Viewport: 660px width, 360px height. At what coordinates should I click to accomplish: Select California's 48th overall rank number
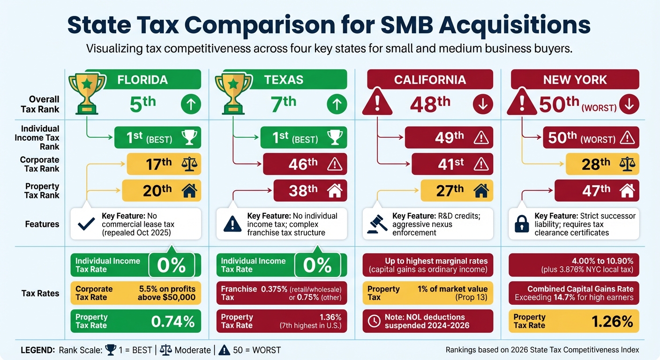(430, 105)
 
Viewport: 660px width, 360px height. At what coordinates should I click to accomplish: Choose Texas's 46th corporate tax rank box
(305, 164)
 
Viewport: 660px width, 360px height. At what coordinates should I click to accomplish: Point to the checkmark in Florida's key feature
(86, 225)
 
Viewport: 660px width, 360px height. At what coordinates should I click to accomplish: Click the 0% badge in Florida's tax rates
(172, 265)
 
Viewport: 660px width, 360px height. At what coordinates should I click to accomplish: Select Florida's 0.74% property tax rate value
(173, 322)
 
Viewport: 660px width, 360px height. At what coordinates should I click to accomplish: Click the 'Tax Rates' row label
(40, 293)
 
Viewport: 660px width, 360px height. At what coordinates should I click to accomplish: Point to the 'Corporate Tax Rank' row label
(40, 164)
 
